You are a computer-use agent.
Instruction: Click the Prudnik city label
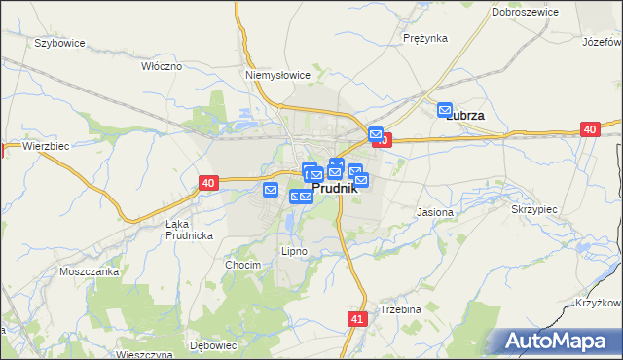pyautogui.click(x=335, y=189)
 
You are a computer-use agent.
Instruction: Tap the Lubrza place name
pyautogui.click(x=465, y=115)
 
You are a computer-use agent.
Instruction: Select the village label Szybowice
pyautogui.click(x=59, y=44)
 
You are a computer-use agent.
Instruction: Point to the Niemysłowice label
pyautogui.click(x=277, y=74)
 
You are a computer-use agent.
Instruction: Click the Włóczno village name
pyautogui.click(x=162, y=66)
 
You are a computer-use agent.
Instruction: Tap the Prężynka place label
pyautogui.click(x=424, y=38)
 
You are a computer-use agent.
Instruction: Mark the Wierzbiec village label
pyautogui.click(x=45, y=146)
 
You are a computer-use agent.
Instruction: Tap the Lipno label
pyautogui.click(x=294, y=251)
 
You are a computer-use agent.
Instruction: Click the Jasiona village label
pyautogui.click(x=434, y=212)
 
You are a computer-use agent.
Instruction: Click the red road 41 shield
pyautogui.click(x=357, y=318)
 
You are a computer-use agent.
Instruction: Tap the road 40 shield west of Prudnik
pyautogui.click(x=208, y=182)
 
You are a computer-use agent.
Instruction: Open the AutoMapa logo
pyautogui.click(x=556, y=341)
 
